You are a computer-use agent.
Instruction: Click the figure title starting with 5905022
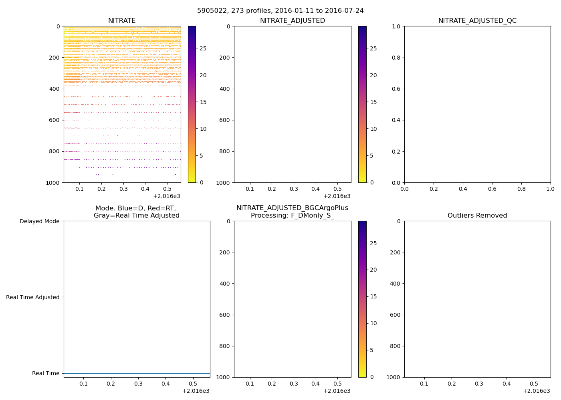280,11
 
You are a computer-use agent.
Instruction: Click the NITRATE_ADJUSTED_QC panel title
477,21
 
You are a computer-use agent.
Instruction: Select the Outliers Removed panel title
477,216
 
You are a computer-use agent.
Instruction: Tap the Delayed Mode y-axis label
39,221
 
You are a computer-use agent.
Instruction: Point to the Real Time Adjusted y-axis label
33,297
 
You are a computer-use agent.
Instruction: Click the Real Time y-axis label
46,373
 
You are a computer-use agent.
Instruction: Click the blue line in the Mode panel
137,373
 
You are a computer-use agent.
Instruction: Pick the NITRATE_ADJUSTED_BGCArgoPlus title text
292,208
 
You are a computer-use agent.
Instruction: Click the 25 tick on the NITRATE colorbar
203,48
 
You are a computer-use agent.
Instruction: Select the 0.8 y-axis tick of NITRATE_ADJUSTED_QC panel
396,58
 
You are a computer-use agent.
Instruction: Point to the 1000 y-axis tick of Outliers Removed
394,377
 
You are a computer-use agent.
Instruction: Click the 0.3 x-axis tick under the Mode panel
138,384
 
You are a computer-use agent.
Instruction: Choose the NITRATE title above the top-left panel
122,21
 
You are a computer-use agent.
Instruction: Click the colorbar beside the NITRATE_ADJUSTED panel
362,104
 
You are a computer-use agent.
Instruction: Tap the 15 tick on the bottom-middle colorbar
373,296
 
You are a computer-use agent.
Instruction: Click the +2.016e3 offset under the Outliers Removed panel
536,391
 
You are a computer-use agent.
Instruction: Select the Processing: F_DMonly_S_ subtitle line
292,216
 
